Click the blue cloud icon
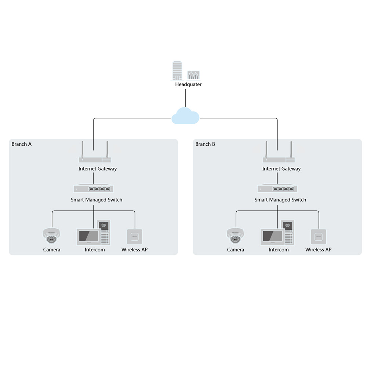point(185,116)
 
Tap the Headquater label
point(188,84)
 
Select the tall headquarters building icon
point(177,70)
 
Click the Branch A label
point(22,144)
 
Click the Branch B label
point(205,144)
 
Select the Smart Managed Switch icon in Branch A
point(94,189)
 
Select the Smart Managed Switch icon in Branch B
point(277,189)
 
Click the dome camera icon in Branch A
point(51,236)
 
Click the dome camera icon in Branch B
point(235,236)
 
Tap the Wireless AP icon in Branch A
point(134,237)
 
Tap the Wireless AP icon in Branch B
point(318,237)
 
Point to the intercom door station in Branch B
point(287,232)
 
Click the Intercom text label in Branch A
point(95,250)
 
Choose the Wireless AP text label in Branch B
point(318,250)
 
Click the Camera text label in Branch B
point(236,250)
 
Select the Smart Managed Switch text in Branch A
point(97,200)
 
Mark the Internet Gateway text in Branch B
point(281,169)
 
